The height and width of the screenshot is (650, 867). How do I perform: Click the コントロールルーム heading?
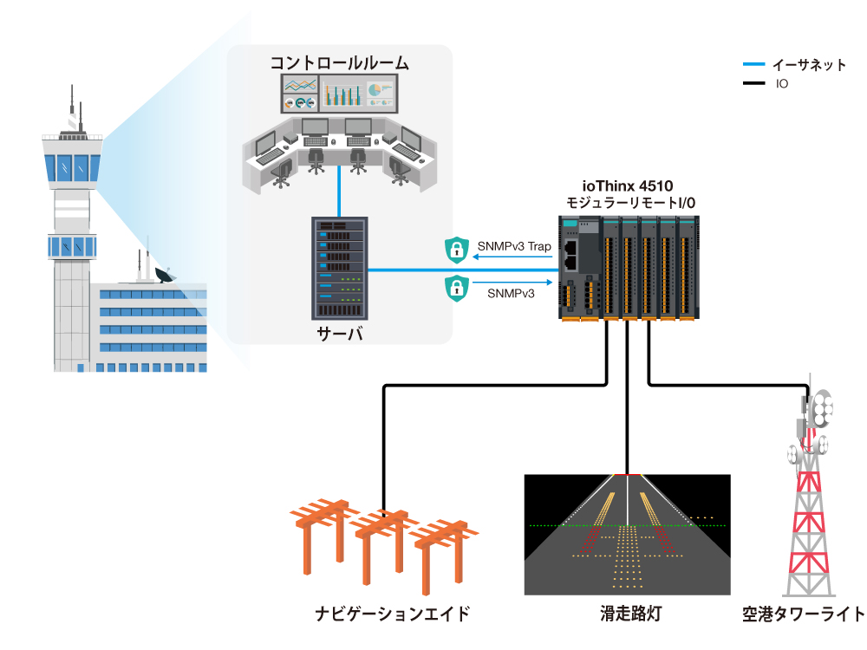tap(339, 62)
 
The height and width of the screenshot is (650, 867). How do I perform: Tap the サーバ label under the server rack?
tap(339, 333)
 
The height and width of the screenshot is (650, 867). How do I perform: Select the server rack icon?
tap(339, 269)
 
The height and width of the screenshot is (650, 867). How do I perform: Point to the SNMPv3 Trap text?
tap(514, 247)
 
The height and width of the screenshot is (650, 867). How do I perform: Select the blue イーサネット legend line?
tap(753, 65)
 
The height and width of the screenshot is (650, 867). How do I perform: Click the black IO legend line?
tap(753, 84)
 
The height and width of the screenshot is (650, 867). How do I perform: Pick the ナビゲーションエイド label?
tap(393, 615)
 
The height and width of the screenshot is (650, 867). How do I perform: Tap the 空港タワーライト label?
tap(803, 615)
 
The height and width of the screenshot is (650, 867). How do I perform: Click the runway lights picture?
tap(627, 533)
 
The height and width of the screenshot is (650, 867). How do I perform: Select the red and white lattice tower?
tap(808, 511)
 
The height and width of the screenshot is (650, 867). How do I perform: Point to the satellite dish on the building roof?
tap(164, 276)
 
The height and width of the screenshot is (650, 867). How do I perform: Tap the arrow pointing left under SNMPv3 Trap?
tap(512, 257)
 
